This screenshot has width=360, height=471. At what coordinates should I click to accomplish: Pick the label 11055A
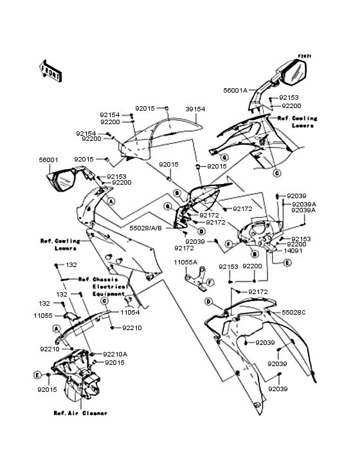click(184, 262)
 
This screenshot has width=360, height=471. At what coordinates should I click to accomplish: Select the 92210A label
click(116, 353)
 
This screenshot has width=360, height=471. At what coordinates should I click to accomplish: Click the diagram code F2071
click(304, 57)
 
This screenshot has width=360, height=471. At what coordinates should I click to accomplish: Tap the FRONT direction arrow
click(51, 71)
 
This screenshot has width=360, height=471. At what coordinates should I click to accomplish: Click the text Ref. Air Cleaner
click(80, 412)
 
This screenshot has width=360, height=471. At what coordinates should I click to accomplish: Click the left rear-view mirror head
click(65, 181)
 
